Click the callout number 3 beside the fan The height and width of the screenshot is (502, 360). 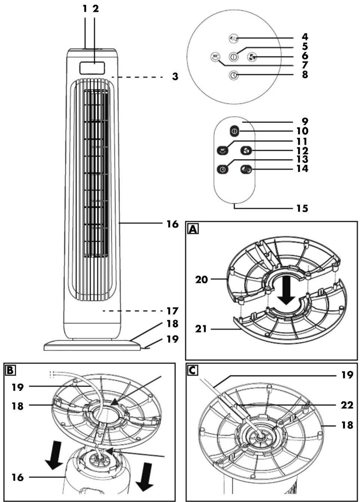coord(175,76)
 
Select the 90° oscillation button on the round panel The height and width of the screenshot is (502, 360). coord(215,57)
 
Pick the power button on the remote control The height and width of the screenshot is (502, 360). coord(235,131)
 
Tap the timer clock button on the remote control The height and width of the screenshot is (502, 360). coord(222,169)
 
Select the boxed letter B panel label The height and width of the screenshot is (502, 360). coord(10,370)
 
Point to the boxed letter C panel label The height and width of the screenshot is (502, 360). coord(193,370)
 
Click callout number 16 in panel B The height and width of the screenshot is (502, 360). coord(17,477)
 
